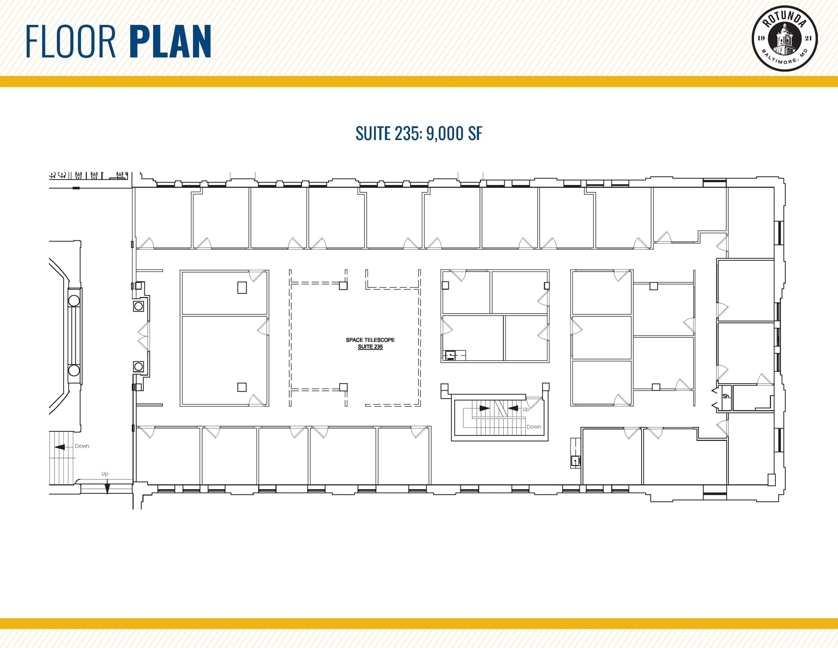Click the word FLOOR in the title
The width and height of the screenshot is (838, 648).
click(x=71, y=41)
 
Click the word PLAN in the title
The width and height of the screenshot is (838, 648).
click(x=171, y=41)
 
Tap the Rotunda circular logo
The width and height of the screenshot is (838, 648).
click(x=784, y=38)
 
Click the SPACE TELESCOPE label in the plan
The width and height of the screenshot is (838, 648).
click(x=370, y=340)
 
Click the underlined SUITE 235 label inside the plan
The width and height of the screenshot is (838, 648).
click(x=370, y=347)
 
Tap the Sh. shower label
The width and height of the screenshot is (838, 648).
click(x=726, y=396)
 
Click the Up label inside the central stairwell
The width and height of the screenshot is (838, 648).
click(x=526, y=409)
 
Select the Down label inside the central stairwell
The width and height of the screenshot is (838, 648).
click(x=534, y=427)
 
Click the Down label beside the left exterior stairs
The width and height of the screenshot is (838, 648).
click(x=82, y=446)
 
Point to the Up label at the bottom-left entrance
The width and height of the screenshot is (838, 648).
click(x=105, y=474)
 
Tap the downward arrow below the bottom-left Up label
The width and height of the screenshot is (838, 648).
click(x=107, y=488)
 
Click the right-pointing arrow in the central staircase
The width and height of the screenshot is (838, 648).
click(x=484, y=408)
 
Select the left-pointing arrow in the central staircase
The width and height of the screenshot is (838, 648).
click(x=513, y=408)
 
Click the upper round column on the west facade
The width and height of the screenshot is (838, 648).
click(x=74, y=301)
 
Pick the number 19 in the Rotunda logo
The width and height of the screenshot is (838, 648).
click(x=761, y=38)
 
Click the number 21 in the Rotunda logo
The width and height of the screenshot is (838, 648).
click(x=808, y=38)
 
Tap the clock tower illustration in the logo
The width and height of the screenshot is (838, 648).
click(x=784, y=40)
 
